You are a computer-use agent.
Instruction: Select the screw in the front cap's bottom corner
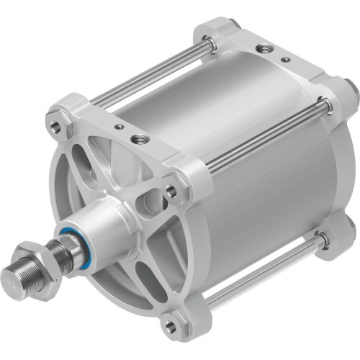(x=170, y=329)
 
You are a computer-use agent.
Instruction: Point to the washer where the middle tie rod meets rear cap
(x=328, y=106)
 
